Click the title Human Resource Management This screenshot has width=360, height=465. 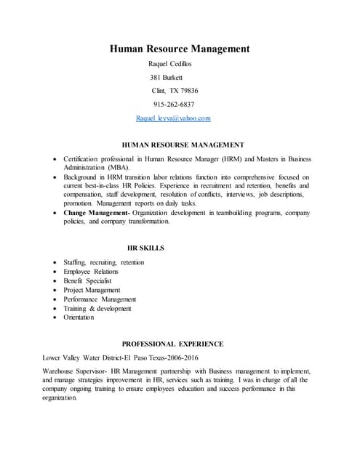click(x=180, y=49)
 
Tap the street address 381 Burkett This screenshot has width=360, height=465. click(x=167, y=77)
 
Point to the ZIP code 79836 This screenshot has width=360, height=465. click(x=188, y=91)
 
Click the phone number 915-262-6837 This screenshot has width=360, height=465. click(x=174, y=104)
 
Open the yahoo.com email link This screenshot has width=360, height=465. click(x=173, y=118)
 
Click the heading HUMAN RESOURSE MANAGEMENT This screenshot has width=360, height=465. click(x=183, y=145)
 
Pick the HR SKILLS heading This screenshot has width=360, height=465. click(x=145, y=248)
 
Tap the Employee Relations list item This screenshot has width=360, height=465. click(x=91, y=272)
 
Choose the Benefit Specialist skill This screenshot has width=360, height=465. click(x=88, y=280)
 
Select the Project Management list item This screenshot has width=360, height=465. click(x=92, y=290)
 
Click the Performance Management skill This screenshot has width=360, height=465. click(x=100, y=299)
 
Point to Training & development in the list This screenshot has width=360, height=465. click(x=97, y=308)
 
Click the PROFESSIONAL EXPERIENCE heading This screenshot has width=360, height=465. click(x=172, y=343)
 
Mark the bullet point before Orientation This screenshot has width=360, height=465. click(x=56, y=318)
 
